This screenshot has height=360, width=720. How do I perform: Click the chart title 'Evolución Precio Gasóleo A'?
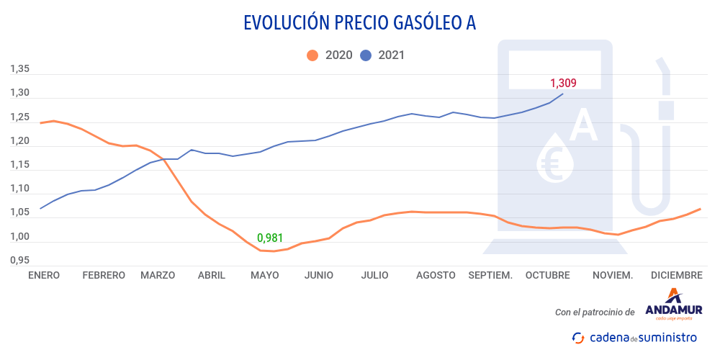coord(359,23)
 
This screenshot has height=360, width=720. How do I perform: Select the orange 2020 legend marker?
coord(312,55)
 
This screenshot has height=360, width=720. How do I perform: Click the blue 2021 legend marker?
coord(366,55)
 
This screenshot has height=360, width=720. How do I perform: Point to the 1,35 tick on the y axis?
coord(19,69)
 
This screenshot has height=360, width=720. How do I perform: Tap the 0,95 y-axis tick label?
coord(19,260)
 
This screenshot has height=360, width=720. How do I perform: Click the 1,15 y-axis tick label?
coord(19,165)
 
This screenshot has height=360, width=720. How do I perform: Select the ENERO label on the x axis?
coord(44,275)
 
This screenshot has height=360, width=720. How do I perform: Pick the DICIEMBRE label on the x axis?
coord(676,275)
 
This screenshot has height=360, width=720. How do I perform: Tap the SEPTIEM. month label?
coord(490,275)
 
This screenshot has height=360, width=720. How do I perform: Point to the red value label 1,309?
coord(563,83)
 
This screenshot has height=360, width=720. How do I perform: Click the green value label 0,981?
coord(270,237)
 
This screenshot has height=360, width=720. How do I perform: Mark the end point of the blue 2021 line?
coord(563,94)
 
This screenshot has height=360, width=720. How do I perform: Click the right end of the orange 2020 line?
coord(700,210)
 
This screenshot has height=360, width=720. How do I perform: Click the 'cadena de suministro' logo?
coord(634,337)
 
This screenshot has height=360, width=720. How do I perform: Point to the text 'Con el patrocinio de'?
coord(595,312)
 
